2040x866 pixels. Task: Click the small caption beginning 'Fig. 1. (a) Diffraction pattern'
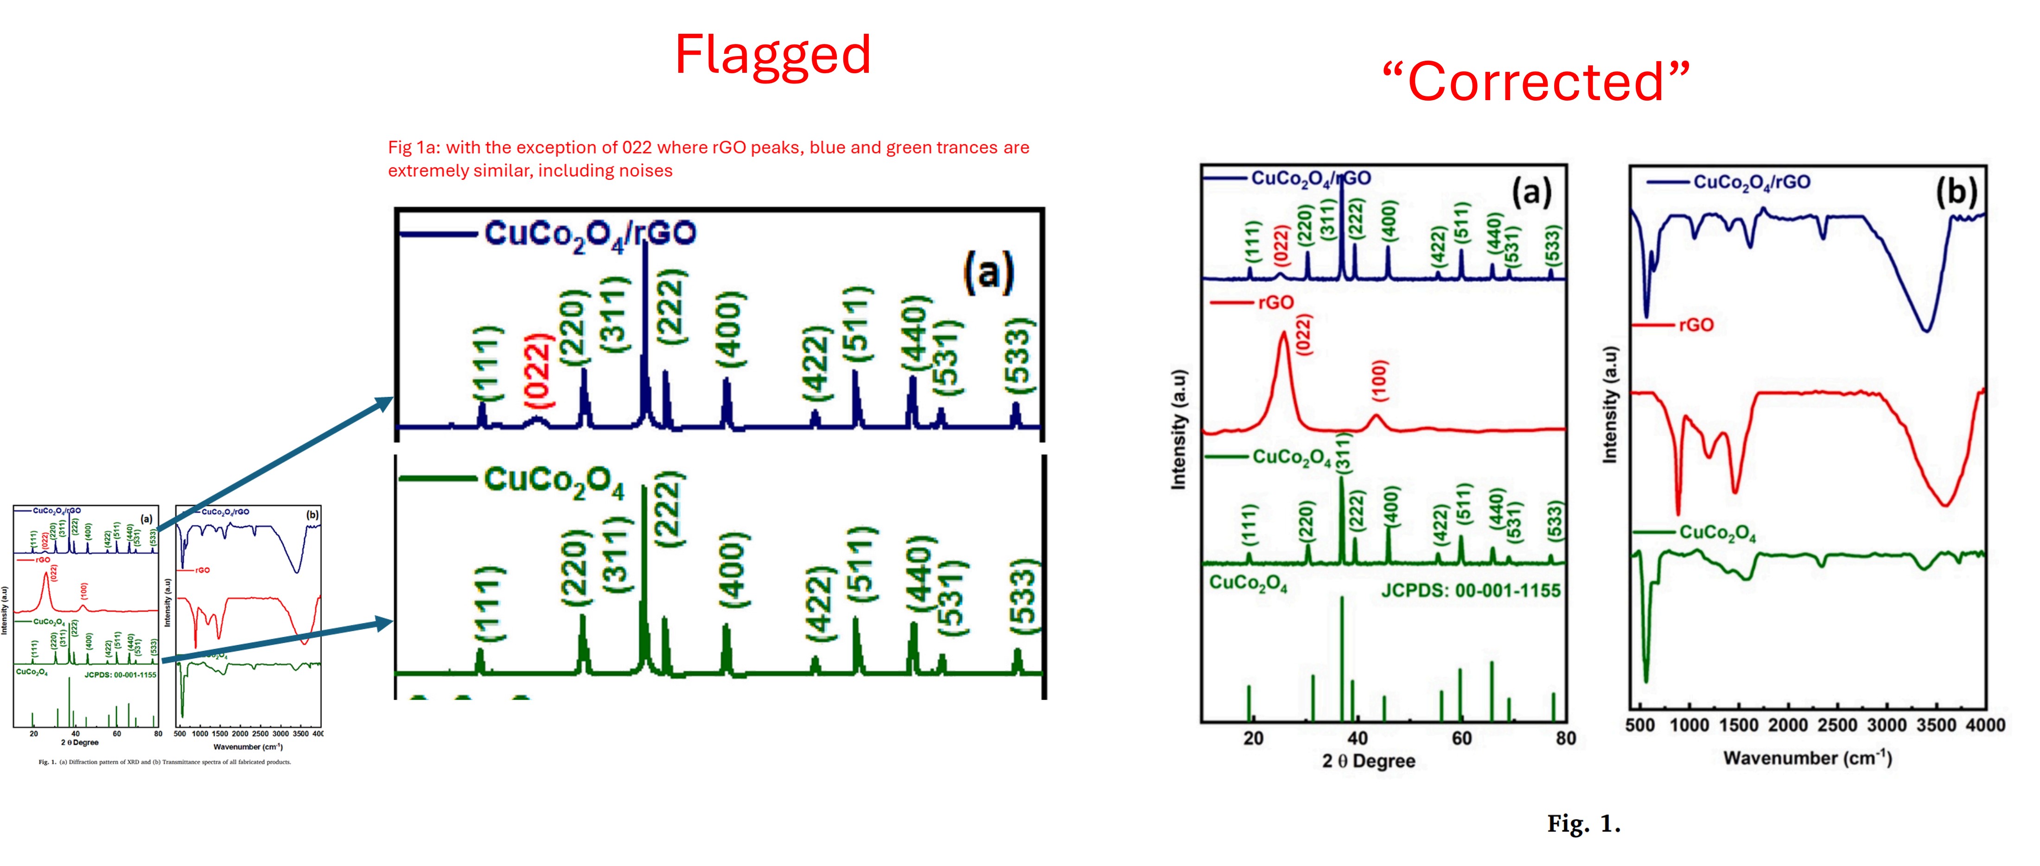[165, 762]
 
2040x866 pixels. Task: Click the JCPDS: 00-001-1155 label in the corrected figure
[1471, 591]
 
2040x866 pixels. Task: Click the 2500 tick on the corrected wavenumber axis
[1837, 725]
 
